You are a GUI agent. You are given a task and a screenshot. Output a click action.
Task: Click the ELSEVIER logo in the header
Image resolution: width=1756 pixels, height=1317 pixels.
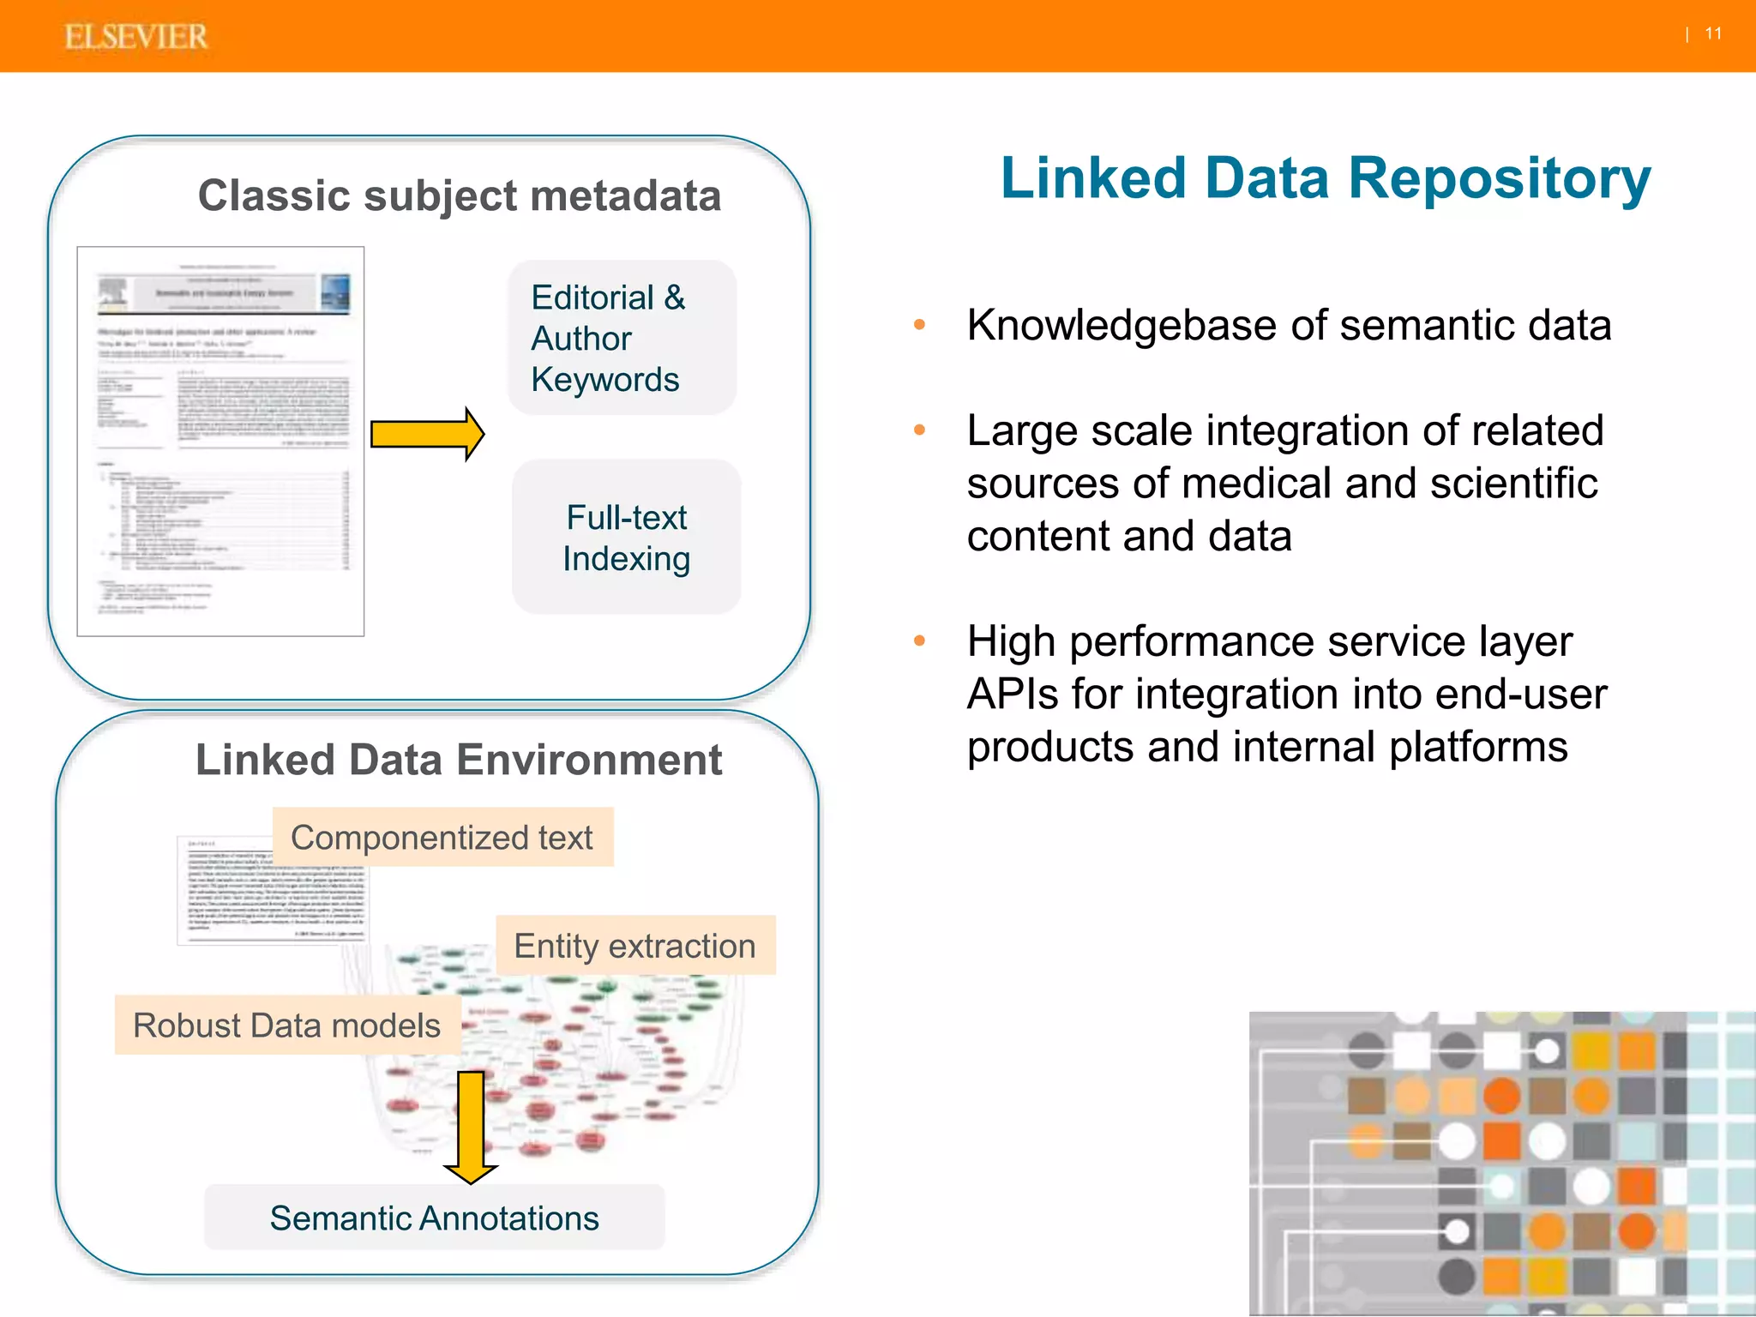[135, 37]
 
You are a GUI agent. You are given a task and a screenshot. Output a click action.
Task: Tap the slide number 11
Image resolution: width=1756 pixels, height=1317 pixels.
[1713, 33]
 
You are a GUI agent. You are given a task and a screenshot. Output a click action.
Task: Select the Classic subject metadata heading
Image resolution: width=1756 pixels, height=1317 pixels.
[460, 195]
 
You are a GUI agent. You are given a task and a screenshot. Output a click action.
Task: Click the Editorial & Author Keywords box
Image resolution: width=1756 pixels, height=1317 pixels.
[622, 338]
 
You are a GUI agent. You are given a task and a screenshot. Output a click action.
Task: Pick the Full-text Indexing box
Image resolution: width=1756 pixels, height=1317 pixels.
[627, 538]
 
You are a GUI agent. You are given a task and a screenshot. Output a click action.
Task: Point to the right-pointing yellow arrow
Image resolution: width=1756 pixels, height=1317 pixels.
[426, 434]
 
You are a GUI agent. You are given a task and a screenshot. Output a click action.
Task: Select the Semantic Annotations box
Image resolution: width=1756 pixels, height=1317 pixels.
[434, 1218]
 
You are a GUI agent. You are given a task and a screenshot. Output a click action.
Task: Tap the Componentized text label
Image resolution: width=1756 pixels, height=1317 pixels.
[442, 838]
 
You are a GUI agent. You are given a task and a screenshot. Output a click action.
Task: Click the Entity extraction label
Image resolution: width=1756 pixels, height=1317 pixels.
[634, 946]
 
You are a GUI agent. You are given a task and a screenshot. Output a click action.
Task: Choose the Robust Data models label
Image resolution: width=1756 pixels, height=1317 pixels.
[286, 1025]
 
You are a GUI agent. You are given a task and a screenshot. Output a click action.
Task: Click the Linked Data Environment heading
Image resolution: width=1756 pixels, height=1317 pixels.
[459, 760]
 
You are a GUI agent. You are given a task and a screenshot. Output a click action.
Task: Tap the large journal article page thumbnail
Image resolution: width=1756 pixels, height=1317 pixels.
[220, 442]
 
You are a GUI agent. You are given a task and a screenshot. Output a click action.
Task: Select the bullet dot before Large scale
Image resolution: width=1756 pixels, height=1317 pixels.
[919, 430]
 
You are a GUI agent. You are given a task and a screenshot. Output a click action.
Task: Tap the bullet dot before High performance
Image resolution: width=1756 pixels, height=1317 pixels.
[919, 641]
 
